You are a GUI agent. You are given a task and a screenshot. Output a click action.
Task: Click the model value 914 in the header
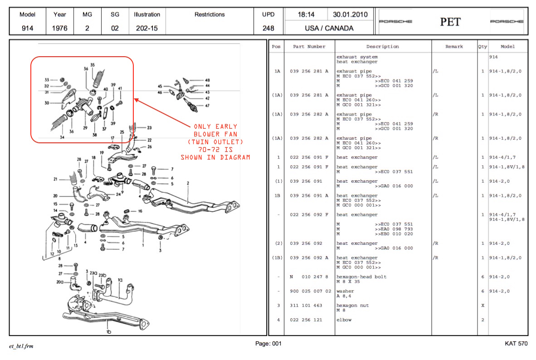pyautogui.click(x=27, y=28)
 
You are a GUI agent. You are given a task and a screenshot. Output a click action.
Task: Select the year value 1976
pyautogui.click(x=59, y=28)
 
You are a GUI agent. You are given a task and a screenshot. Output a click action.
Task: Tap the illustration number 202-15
pyautogui.click(x=146, y=28)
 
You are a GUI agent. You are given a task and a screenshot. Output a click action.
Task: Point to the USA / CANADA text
pyautogui.click(x=329, y=28)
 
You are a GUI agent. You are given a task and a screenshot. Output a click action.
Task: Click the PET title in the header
pyautogui.click(x=450, y=22)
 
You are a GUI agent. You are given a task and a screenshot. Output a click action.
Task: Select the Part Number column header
pyautogui.click(x=309, y=47)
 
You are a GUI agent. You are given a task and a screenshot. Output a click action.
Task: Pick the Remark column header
pyautogui.click(x=454, y=47)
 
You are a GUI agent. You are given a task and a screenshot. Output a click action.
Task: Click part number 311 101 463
pyautogui.click(x=306, y=306)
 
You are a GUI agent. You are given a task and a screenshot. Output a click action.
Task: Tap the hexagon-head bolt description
pyautogui.click(x=361, y=277)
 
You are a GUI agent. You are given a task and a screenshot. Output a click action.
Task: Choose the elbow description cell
pyautogui.click(x=344, y=320)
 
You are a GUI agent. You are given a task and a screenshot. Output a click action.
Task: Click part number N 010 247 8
pyautogui.click(x=306, y=277)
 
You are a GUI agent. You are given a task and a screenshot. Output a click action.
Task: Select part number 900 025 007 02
pyautogui.click(x=310, y=291)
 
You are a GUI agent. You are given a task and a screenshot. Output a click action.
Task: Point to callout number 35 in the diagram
pyautogui.click(x=93, y=65)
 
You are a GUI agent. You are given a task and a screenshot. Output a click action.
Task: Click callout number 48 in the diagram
pyautogui.click(x=207, y=80)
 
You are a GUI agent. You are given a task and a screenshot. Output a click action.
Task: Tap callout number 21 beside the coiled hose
pyautogui.click(x=55, y=179)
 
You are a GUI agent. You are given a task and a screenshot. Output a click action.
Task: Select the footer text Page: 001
pyautogui.click(x=268, y=344)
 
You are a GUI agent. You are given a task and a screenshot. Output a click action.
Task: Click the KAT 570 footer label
pyautogui.click(x=516, y=344)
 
